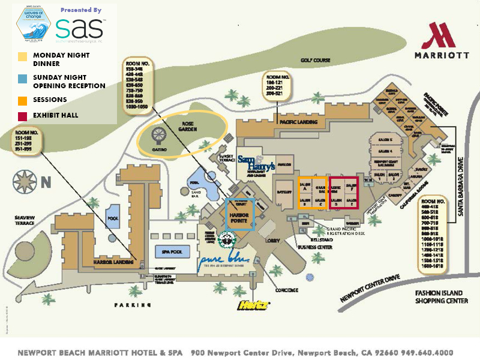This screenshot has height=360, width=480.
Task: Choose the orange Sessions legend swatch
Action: [x=22, y=99]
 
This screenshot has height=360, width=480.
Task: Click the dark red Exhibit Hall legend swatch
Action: [x=22, y=115]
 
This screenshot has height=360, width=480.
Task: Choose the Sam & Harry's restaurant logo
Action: [x=256, y=162]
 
